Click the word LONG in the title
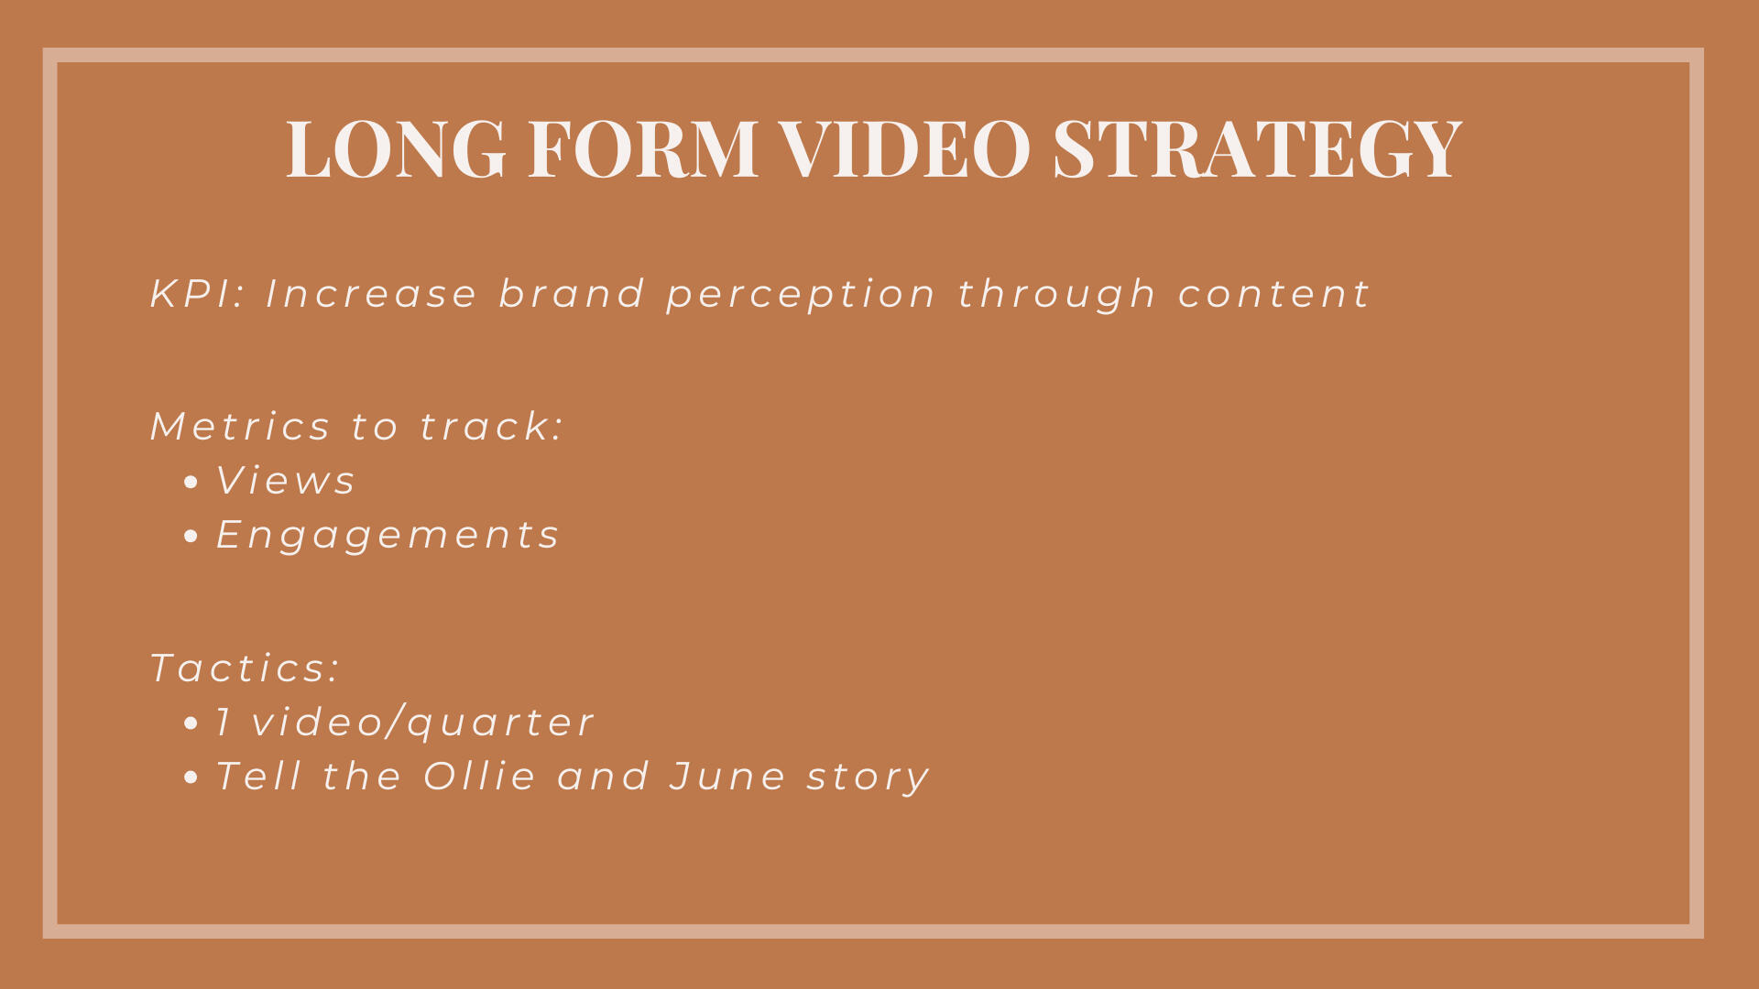[x=396, y=147]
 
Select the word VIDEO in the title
[x=905, y=147]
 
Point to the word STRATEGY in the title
[x=1257, y=147]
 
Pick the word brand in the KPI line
[x=572, y=294]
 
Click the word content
[x=1274, y=295]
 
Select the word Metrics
[x=240, y=427]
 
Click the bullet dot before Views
[x=191, y=483]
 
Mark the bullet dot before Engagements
[x=191, y=537]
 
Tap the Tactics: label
[x=245, y=668]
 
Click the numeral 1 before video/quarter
[x=223, y=723]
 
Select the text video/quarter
[x=423, y=723]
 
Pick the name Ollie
[x=479, y=777]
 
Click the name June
[x=727, y=777]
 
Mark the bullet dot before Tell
[x=191, y=777]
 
